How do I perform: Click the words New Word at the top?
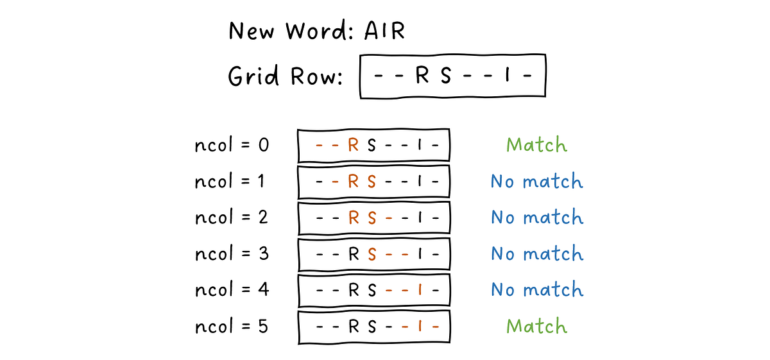click(287, 31)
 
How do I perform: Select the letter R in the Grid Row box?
click(422, 76)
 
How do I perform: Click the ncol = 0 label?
click(232, 145)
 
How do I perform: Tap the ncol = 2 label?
click(231, 218)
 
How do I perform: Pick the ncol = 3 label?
click(231, 253)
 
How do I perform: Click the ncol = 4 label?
click(232, 290)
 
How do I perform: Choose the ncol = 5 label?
click(231, 326)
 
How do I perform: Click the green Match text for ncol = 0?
click(536, 145)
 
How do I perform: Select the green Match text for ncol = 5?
click(536, 326)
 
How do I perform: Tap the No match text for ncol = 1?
click(536, 182)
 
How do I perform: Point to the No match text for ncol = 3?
click(536, 253)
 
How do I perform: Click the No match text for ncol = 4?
click(536, 290)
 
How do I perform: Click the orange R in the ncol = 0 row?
click(353, 146)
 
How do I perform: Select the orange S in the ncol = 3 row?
click(372, 254)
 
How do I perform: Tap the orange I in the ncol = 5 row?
click(419, 327)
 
